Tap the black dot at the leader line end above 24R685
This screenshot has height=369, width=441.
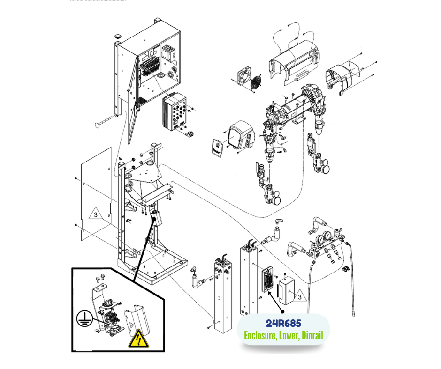(282, 311)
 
